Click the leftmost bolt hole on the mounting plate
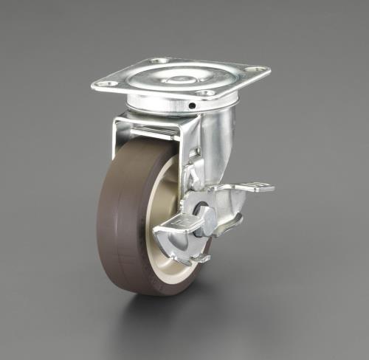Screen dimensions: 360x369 tap(107, 84)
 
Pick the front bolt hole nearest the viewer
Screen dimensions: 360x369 tap(207, 93)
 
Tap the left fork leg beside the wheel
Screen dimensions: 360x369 tap(117, 136)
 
